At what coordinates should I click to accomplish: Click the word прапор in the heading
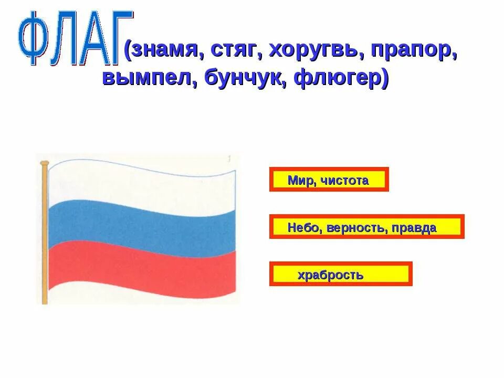coord(413,50)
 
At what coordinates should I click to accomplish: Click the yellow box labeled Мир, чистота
coord(329,180)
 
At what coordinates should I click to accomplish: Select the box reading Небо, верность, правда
coord(366,227)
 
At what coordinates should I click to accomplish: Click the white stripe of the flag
coord(142,184)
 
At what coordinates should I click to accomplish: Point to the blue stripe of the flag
coord(142,226)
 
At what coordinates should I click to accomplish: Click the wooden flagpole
coord(45,236)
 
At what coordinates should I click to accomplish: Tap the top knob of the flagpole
coord(45,163)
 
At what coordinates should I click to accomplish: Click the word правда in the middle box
coord(414,228)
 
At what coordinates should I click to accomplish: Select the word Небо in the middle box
coord(304,228)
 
